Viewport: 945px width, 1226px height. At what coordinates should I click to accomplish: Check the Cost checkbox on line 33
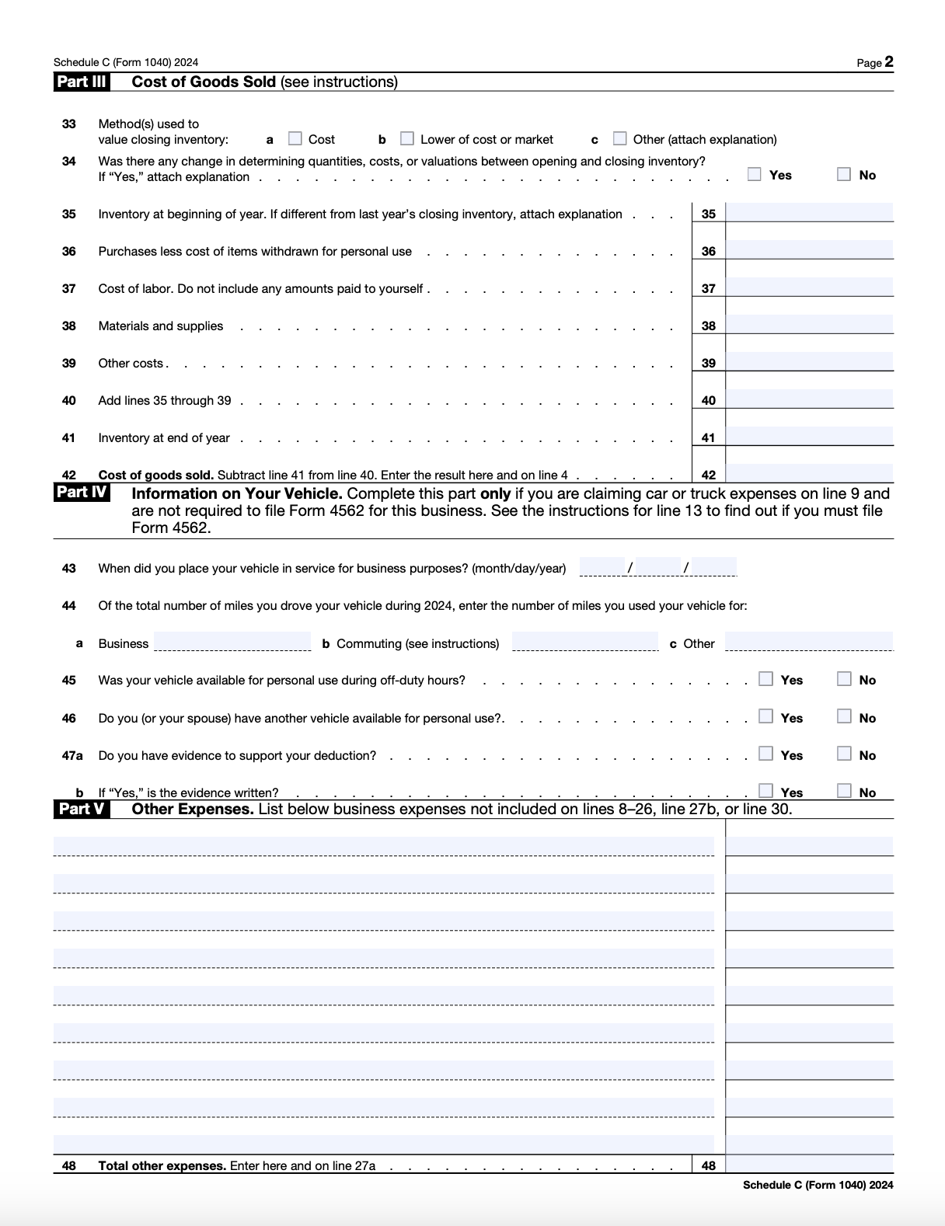coord(295,138)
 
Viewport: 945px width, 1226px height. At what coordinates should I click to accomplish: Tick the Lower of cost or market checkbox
coord(407,138)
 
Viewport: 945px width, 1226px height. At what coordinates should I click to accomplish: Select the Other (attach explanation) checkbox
coord(619,138)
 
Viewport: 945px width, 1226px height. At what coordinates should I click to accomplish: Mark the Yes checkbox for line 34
coord(755,174)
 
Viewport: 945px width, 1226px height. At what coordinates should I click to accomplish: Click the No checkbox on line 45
coord(844,679)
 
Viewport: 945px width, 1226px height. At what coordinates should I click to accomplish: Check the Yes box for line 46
coord(766,716)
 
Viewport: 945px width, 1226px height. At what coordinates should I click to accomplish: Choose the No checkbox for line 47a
coord(844,754)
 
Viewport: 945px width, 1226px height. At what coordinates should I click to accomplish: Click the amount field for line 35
coord(809,212)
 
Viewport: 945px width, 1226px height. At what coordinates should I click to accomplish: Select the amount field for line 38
coord(809,324)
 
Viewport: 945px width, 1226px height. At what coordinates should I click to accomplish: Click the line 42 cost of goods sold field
coord(809,472)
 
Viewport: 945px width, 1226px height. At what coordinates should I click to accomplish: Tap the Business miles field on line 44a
coord(232,642)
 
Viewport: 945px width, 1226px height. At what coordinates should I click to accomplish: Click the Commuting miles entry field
coord(585,642)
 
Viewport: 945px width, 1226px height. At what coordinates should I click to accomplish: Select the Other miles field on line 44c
coord(809,642)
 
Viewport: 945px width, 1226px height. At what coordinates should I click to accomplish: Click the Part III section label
coord(82,82)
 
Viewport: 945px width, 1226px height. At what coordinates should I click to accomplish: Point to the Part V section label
coord(82,809)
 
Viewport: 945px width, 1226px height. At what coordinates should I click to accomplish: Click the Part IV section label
coord(82,493)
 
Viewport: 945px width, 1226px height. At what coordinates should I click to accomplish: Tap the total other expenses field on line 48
coord(809,1164)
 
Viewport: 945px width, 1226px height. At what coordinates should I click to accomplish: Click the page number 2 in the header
coord(888,62)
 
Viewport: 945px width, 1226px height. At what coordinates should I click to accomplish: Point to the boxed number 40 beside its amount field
coord(708,401)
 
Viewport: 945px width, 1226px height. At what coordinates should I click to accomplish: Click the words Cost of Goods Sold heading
coord(204,82)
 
